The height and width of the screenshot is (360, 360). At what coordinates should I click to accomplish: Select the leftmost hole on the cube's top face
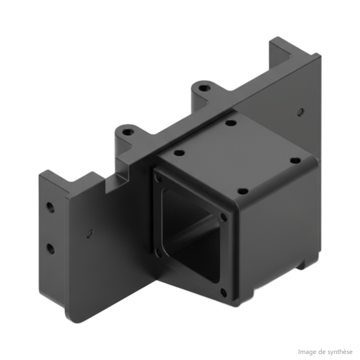click(x=179, y=153)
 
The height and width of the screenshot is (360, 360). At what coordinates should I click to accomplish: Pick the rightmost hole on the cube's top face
click(x=295, y=160)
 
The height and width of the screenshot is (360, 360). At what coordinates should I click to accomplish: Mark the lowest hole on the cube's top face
click(x=243, y=191)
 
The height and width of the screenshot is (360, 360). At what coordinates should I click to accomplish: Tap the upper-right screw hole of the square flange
click(x=223, y=217)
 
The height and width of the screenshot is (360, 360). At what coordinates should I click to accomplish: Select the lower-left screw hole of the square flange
click(x=158, y=253)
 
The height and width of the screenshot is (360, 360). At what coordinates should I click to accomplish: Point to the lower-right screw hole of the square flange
click(x=223, y=292)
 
